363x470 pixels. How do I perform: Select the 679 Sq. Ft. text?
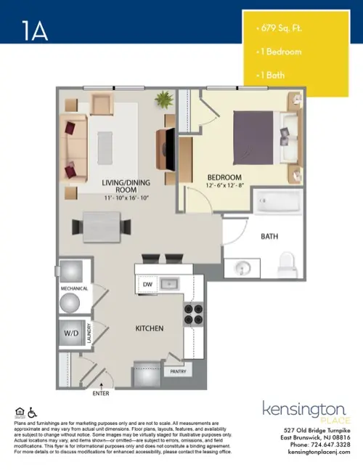280,29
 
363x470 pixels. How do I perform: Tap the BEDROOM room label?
224,177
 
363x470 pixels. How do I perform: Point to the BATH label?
270,236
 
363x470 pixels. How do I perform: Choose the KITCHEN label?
150,328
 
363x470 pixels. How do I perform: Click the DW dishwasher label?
147,284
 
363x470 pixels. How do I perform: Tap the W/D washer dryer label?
70,334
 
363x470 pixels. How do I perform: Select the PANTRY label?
179,371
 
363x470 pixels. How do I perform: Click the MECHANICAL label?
74,289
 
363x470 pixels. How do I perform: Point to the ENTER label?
102,394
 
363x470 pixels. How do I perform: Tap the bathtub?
276,201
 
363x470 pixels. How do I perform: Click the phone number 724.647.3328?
331,444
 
